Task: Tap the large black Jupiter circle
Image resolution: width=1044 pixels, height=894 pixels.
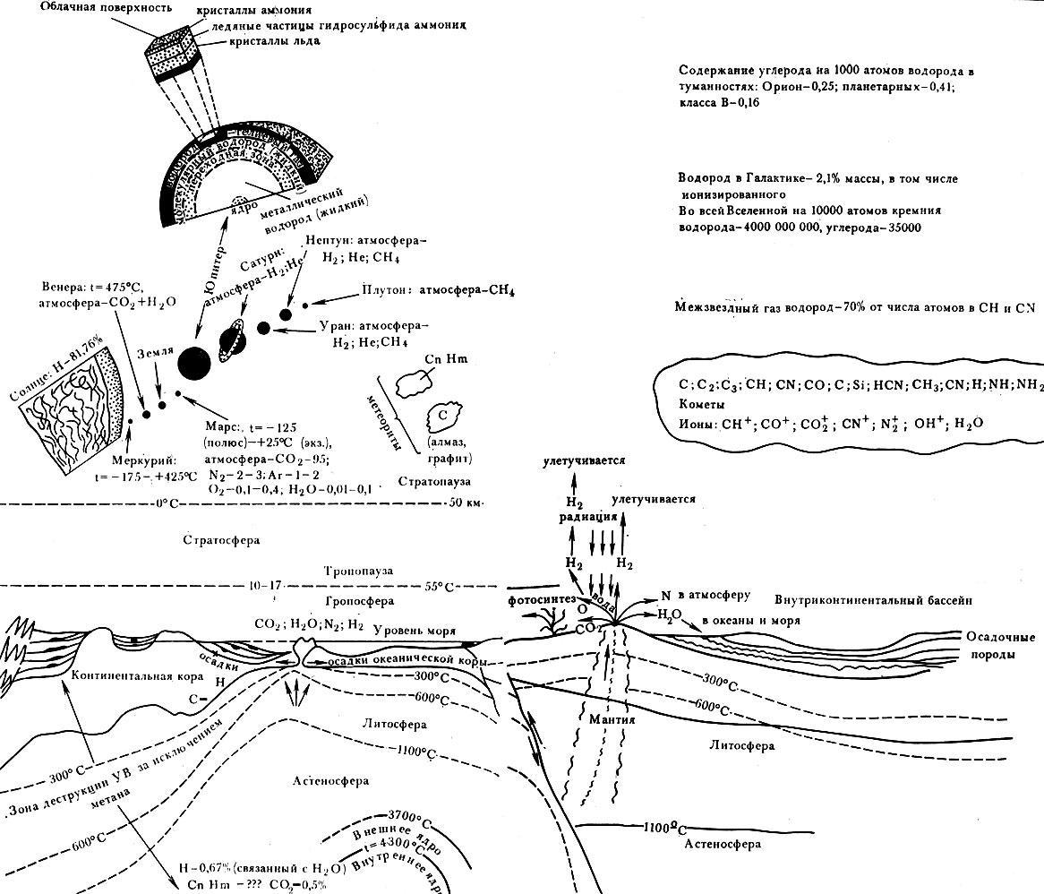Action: (x=194, y=362)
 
